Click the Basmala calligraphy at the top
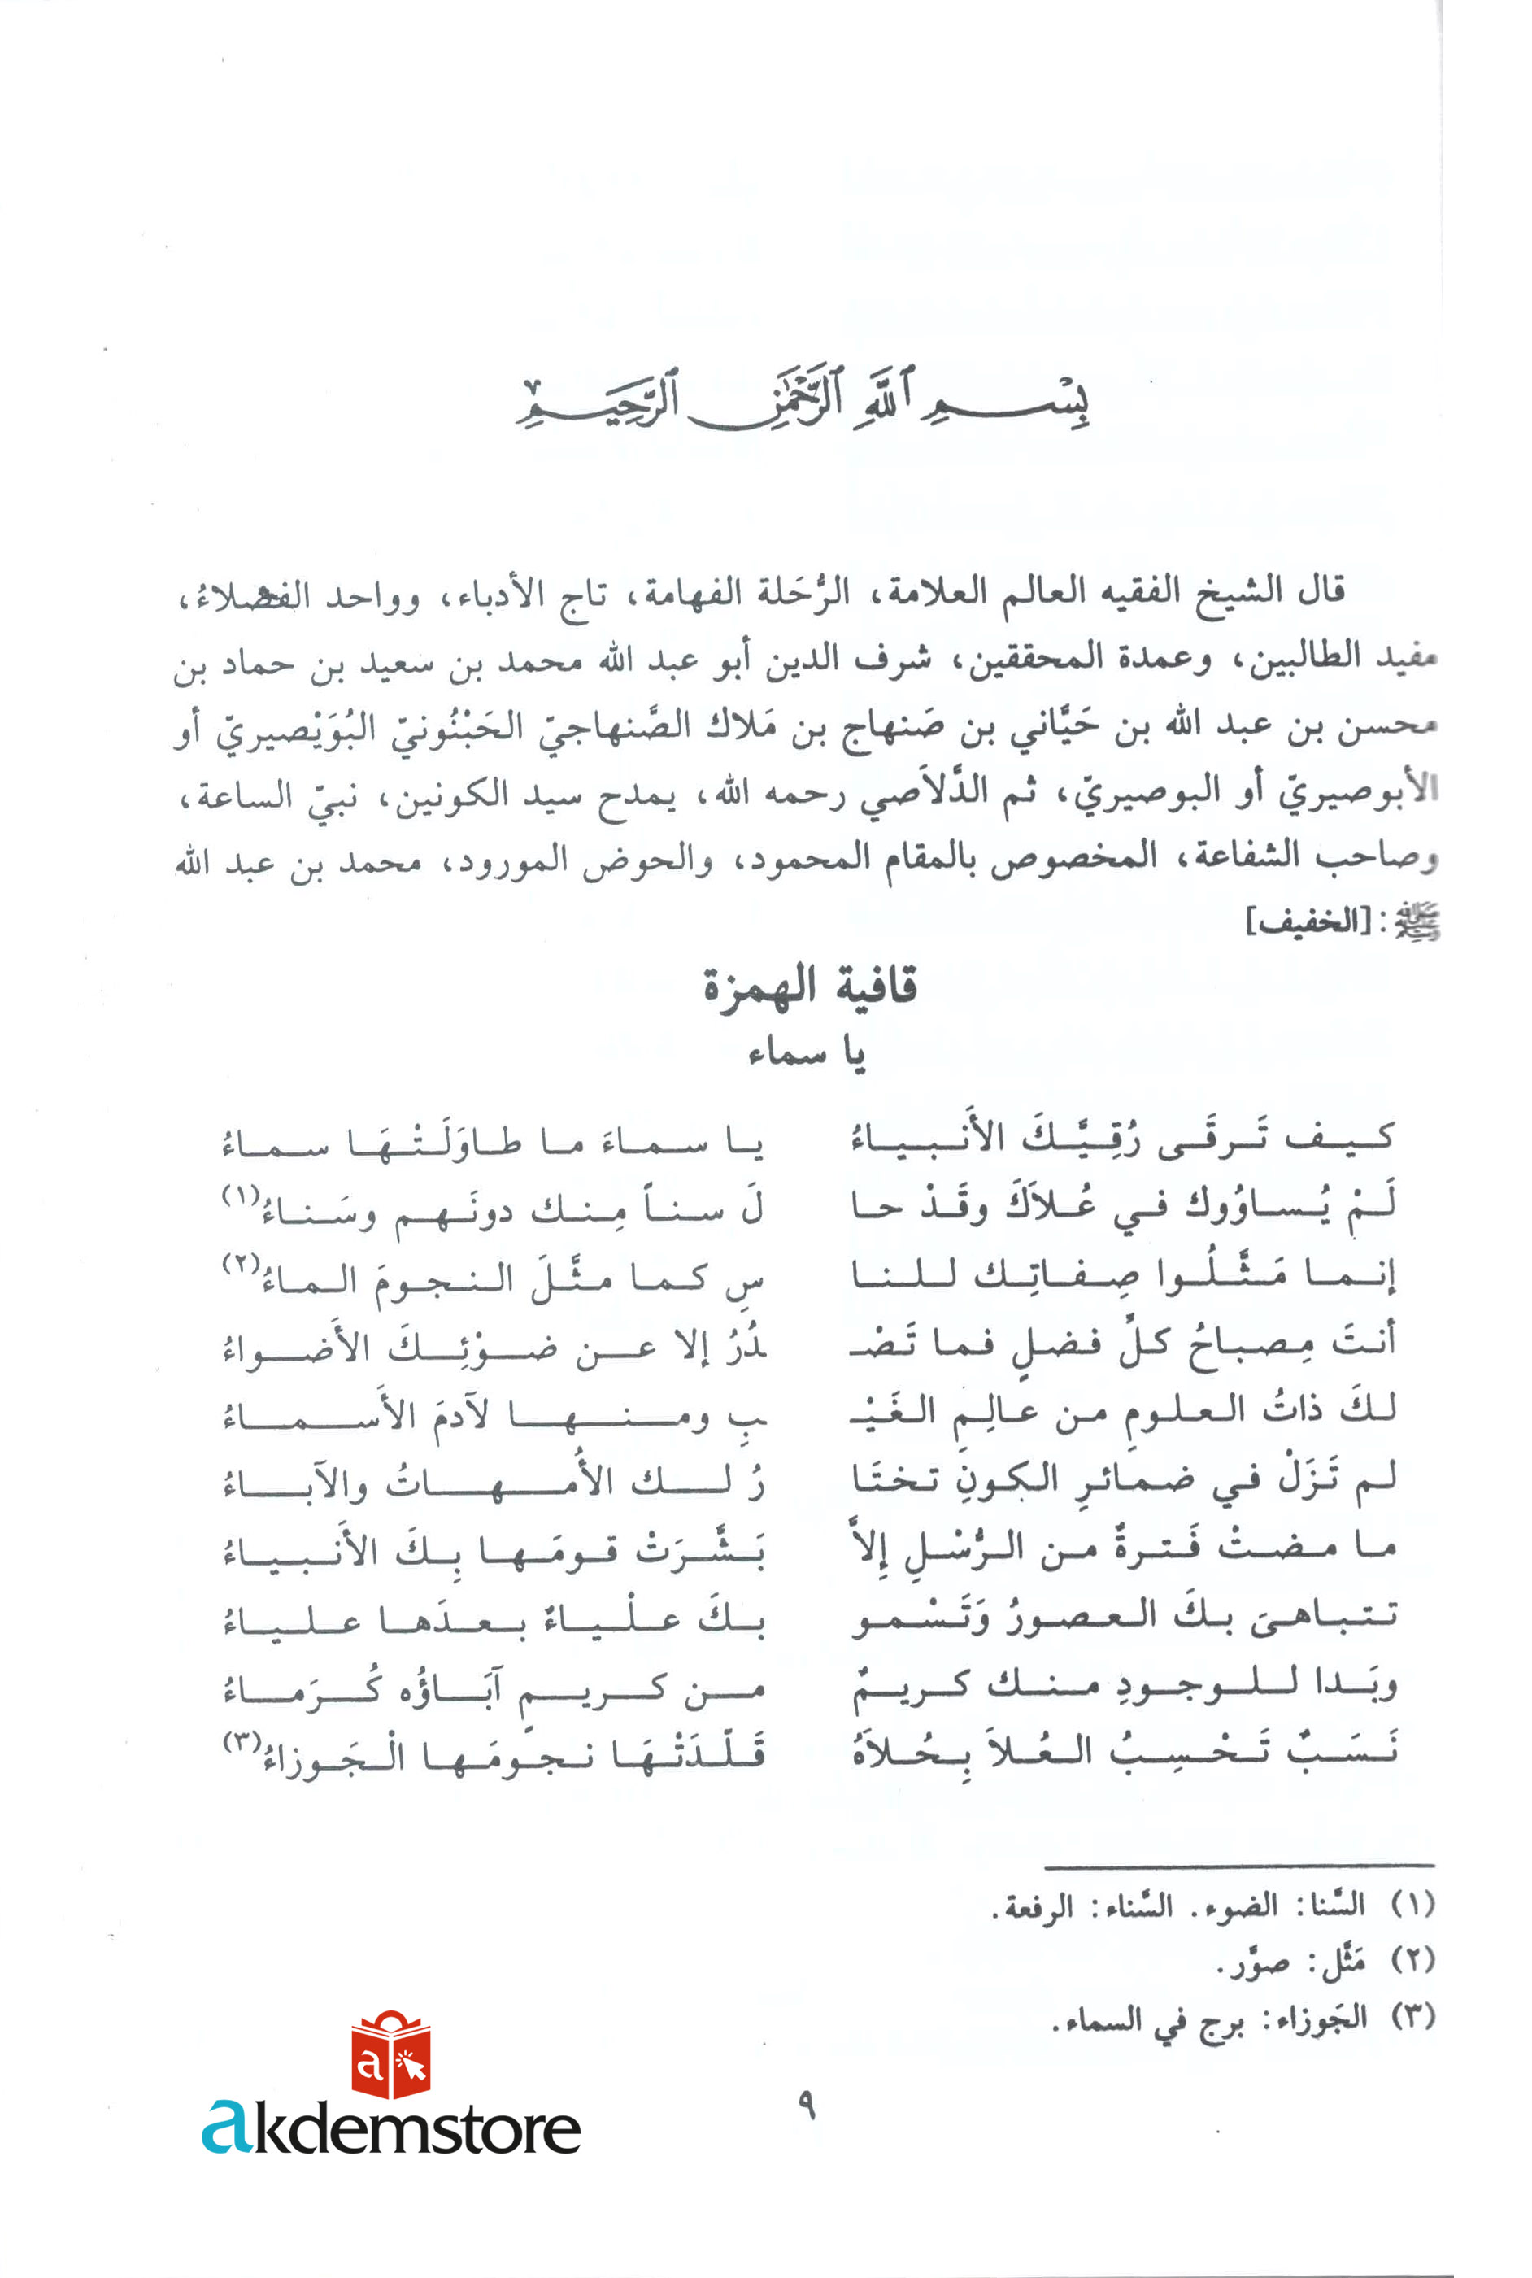click(803, 403)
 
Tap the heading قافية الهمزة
click(810, 987)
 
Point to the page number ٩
click(806, 2104)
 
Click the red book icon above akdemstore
click(391, 2055)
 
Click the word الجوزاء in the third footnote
click(1315, 2015)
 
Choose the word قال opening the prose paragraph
click(1320, 590)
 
